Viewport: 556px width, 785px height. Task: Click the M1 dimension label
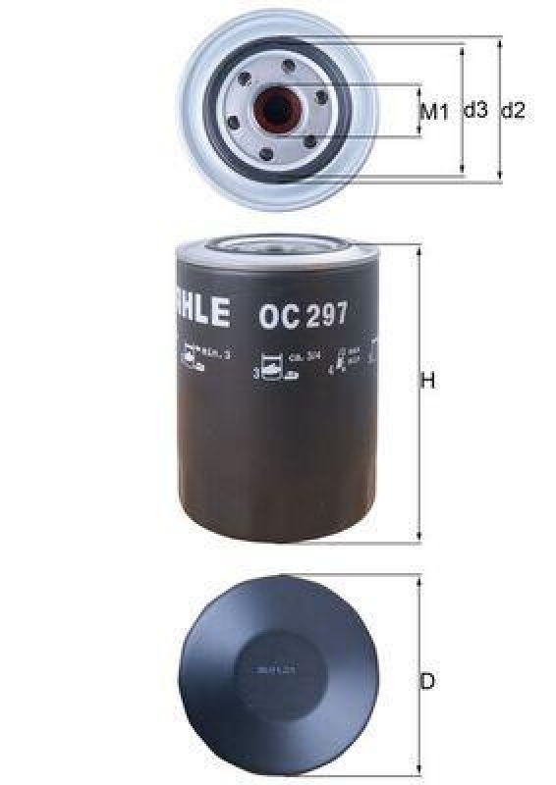(433, 112)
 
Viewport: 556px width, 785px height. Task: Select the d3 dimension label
(475, 111)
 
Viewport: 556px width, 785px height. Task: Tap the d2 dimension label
(513, 111)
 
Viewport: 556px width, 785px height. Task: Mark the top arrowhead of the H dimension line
(419, 249)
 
